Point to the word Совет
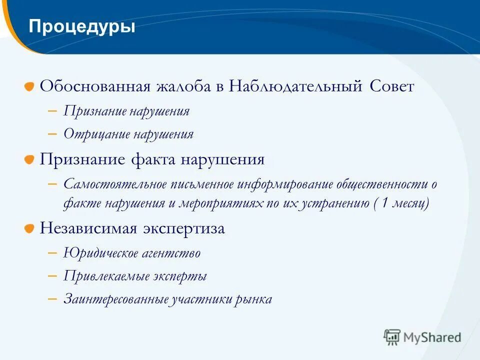392,86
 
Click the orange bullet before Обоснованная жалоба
30,87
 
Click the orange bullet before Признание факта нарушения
30,160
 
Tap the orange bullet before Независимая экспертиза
30,229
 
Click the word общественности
382,184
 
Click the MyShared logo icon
392,337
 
